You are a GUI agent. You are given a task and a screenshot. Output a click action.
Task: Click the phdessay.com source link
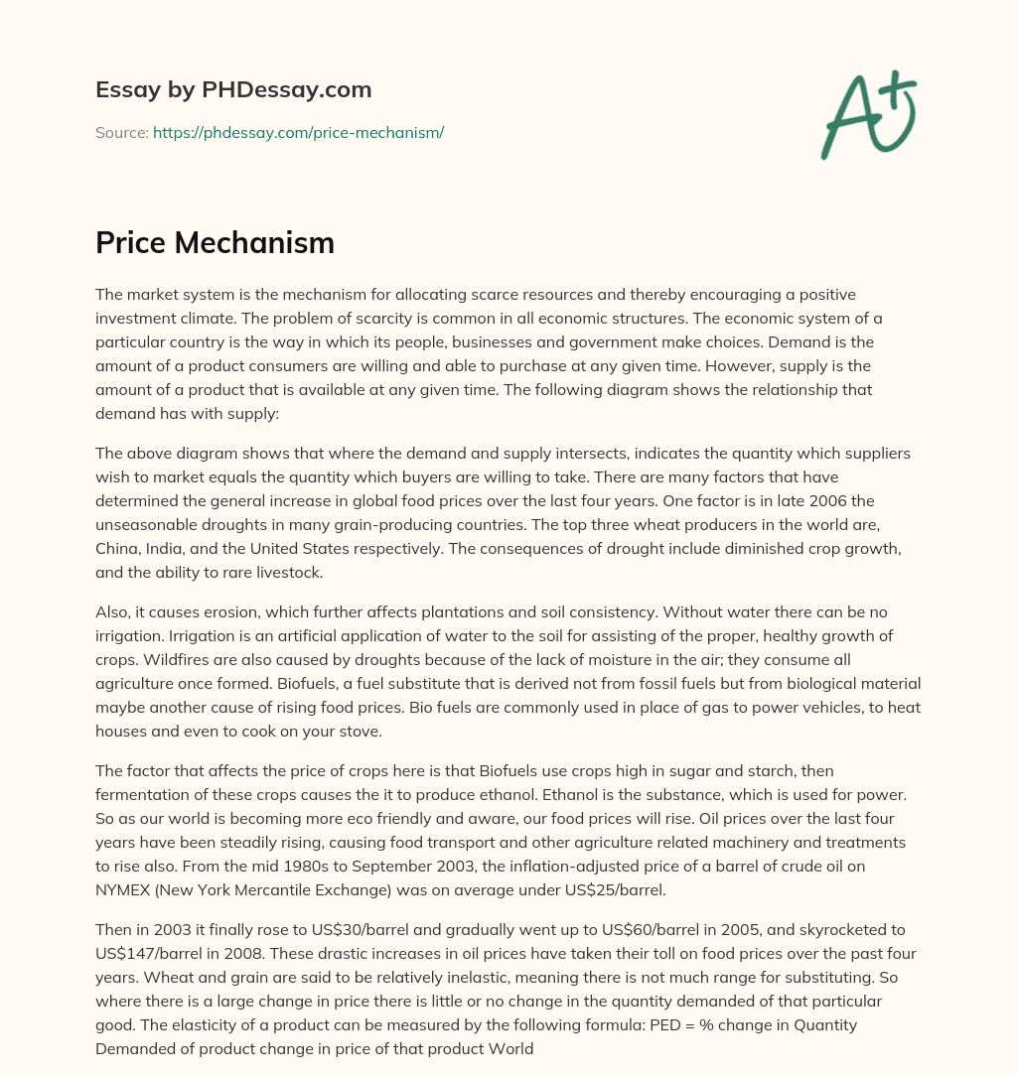(x=298, y=132)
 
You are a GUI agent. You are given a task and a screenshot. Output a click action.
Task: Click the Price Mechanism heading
(x=215, y=242)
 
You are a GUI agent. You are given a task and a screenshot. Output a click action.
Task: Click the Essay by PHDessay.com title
(x=233, y=89)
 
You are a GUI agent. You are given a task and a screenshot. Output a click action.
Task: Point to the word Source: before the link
(x=121, y=132)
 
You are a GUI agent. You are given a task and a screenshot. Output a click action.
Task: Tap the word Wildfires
(x=126, y=659)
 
